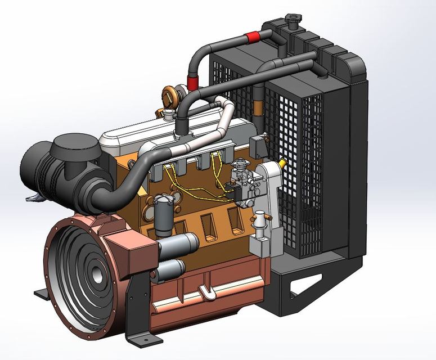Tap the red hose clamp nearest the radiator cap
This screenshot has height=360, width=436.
pos(253,38)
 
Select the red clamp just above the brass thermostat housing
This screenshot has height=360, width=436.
pos(193,84)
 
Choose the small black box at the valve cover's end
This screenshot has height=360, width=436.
pos(259,146)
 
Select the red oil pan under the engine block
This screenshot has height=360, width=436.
pos(208,292)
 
